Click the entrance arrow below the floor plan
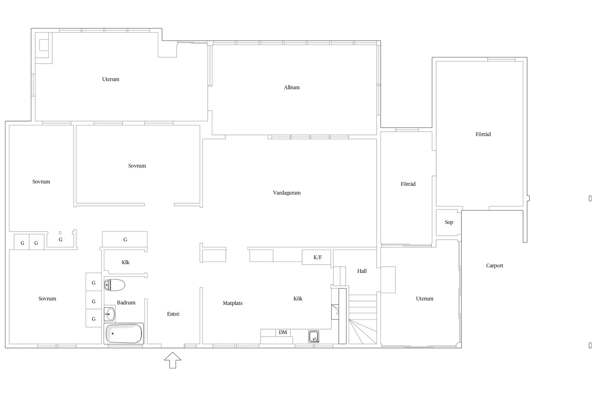click(x=173, y=360)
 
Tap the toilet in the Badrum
click(x=115, y=285)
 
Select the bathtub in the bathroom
click(x=124, y=334)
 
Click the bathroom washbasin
click(x=109, y=314)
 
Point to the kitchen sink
click(x=314, y=336)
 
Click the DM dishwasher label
click(x=283, y=332)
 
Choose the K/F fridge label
click(x=318, y=257)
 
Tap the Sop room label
click(x=449, y=222)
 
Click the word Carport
click(x=494, y=266)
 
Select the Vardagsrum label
click(x=287, y=193)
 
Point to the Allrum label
click(x=291, y=87)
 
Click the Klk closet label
click(x=126, y=262)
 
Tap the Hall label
click(x=362, y=271)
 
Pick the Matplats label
click(x=233, y=303)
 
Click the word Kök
click(x=298, y=298)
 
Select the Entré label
click(x=173, y=314)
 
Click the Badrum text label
click(x=126, y=302)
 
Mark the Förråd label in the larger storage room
click(x=483, y=134)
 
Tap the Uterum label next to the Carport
click(x=425, y=298)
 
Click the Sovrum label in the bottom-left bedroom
click(x=47, y=298)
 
